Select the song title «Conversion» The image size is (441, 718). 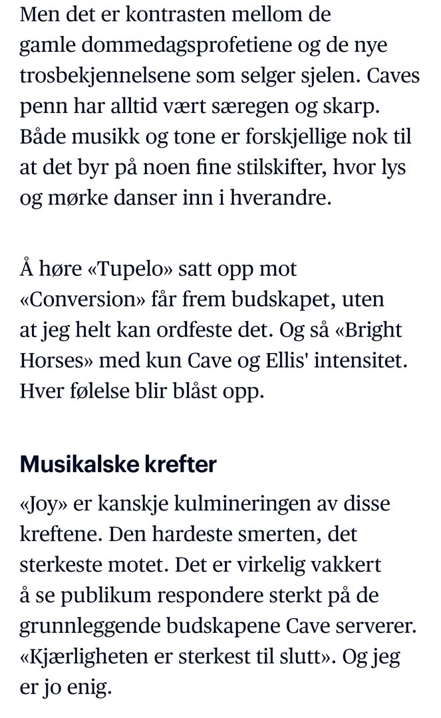pos(77,300)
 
